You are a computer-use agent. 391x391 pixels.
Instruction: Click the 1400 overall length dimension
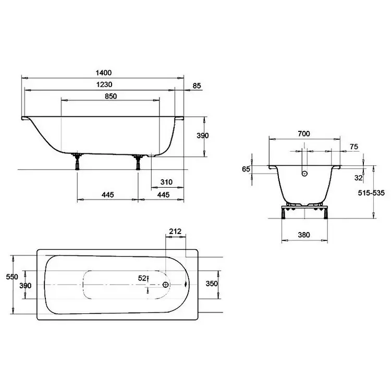[x=104, y=73]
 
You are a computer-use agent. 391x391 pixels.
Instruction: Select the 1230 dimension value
[x=104, y=84]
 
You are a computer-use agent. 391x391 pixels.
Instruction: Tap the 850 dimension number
[x=111, y=96]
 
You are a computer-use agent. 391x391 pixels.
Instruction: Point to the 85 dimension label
[x=197, y=86]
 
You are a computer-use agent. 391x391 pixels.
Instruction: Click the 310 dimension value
[x=166, y=182]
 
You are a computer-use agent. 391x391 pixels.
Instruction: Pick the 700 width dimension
[x=304, y=134]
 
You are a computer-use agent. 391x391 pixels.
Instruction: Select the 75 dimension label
[x=354, y=147]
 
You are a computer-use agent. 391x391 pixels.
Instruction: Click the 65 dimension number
[x=246, y=169]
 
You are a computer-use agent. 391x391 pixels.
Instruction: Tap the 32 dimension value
[x=358, y=178]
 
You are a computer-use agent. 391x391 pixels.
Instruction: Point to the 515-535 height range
[x=371, y=193]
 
